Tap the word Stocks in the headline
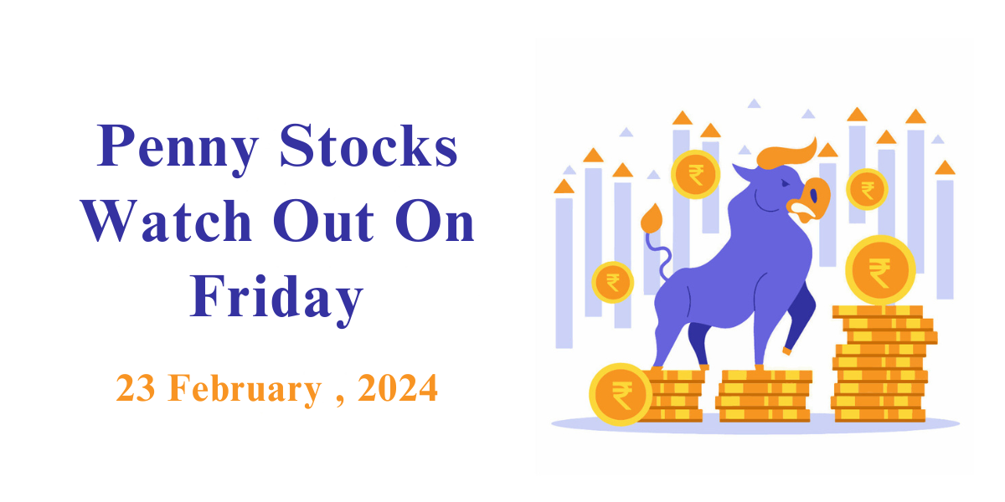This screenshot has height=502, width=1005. (x=368, y=146)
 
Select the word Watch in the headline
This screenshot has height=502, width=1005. (x=167, y=221)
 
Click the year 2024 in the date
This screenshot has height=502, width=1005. (x=398, y=387)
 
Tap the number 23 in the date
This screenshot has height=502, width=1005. (x=136, y=387)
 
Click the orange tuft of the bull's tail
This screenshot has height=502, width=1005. (x=652, y=218)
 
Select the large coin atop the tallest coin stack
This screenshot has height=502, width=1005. (x=880, y=270)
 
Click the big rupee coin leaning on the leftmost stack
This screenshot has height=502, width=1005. (x=621, y=394)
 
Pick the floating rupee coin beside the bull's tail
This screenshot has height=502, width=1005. (x=612, y=283)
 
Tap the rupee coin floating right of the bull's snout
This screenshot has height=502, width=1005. (x=868, y=190)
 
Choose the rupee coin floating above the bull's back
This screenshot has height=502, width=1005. (x=696, y=174)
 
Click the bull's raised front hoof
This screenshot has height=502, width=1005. (x=787, y=351)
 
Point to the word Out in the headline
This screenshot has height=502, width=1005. (x=323, y=221)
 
